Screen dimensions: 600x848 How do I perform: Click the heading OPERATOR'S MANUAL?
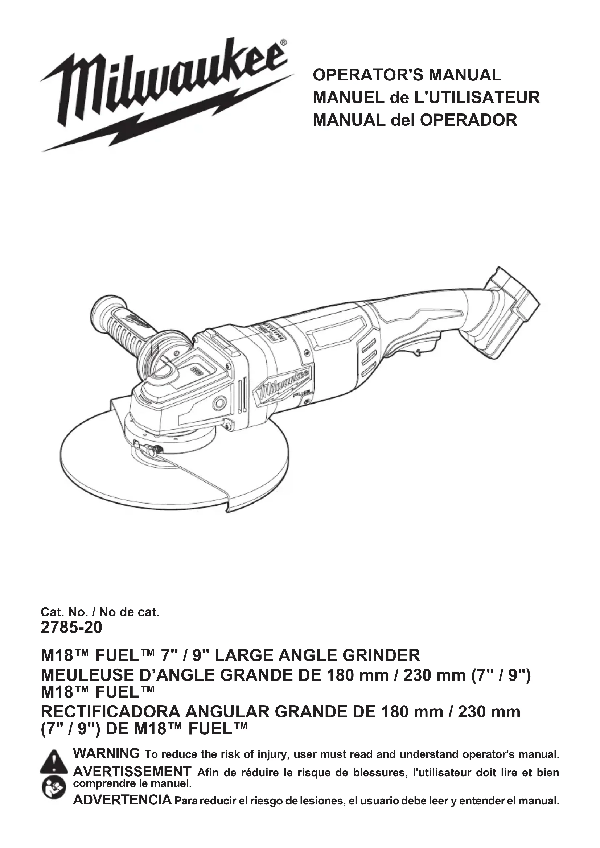[407, 75]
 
